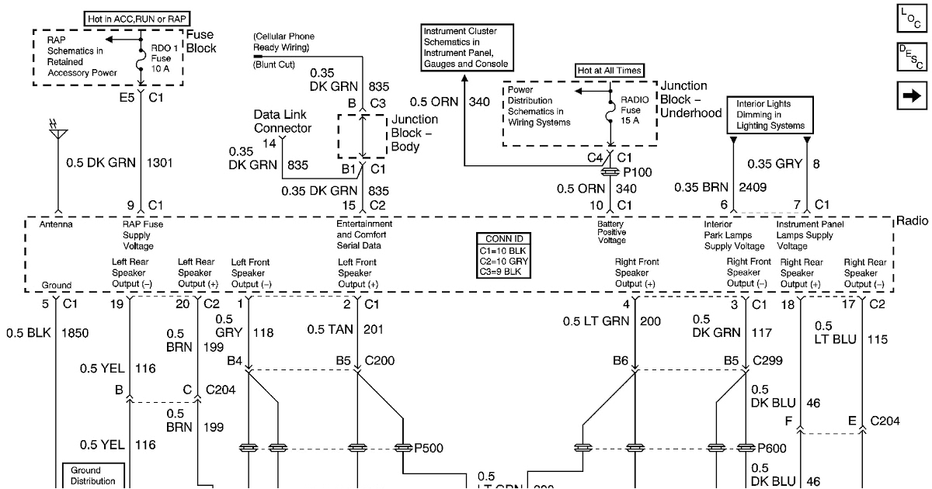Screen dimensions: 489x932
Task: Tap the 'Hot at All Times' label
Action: click(x=609, y=71)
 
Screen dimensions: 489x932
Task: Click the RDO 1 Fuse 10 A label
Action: click(x=165, y=57)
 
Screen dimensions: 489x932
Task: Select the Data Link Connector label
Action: click(x=283, y=121)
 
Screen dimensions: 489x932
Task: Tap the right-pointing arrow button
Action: click(x=909, y=95)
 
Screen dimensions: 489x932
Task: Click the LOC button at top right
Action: click(x=909, y=19)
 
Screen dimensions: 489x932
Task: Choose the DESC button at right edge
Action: click(x=909, y=57)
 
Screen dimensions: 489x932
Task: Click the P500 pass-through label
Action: click(x=429, y=448)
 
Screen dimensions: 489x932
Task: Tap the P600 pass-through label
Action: click(x=771, y=448)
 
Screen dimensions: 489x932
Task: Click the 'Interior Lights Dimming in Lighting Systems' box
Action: click(x=770, y=115)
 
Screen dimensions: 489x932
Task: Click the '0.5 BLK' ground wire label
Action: click(x=27, y=333)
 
